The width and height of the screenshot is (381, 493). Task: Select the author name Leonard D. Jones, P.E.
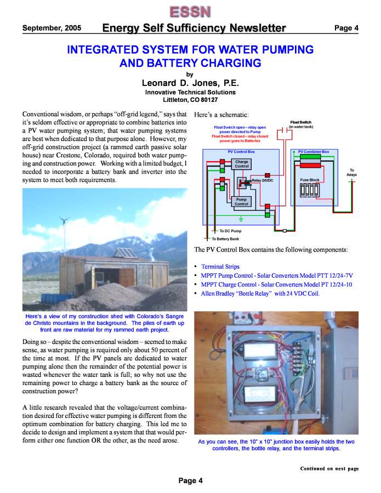pos(190,83)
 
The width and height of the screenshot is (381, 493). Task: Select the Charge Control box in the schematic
pos(241,164)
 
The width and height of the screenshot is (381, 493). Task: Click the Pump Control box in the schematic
pos(241,202)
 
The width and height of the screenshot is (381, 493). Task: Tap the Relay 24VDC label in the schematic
pos(262,180)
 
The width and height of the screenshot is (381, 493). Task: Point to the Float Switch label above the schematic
pos(300,123)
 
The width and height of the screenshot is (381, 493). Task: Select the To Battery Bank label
pos(225,239)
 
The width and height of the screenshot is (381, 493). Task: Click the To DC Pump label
pos(226,231)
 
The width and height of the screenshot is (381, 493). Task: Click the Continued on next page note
pos(329,469)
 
